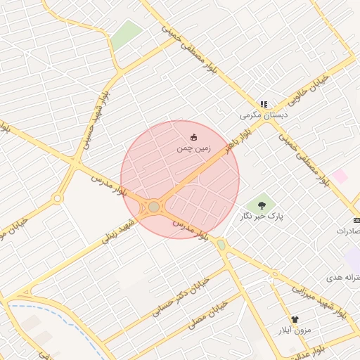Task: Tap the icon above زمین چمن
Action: point(193,137)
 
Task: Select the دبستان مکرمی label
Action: point(259,115)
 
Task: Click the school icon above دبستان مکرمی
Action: point(264,104)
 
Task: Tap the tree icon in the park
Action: point(262,205)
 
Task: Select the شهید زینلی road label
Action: point(117,230)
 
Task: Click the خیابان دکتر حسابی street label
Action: point(179,290)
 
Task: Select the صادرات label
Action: point(349,231)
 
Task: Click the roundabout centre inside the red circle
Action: point(153,207)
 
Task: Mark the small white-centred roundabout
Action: point(58,199)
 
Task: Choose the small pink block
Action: point(341,176)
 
